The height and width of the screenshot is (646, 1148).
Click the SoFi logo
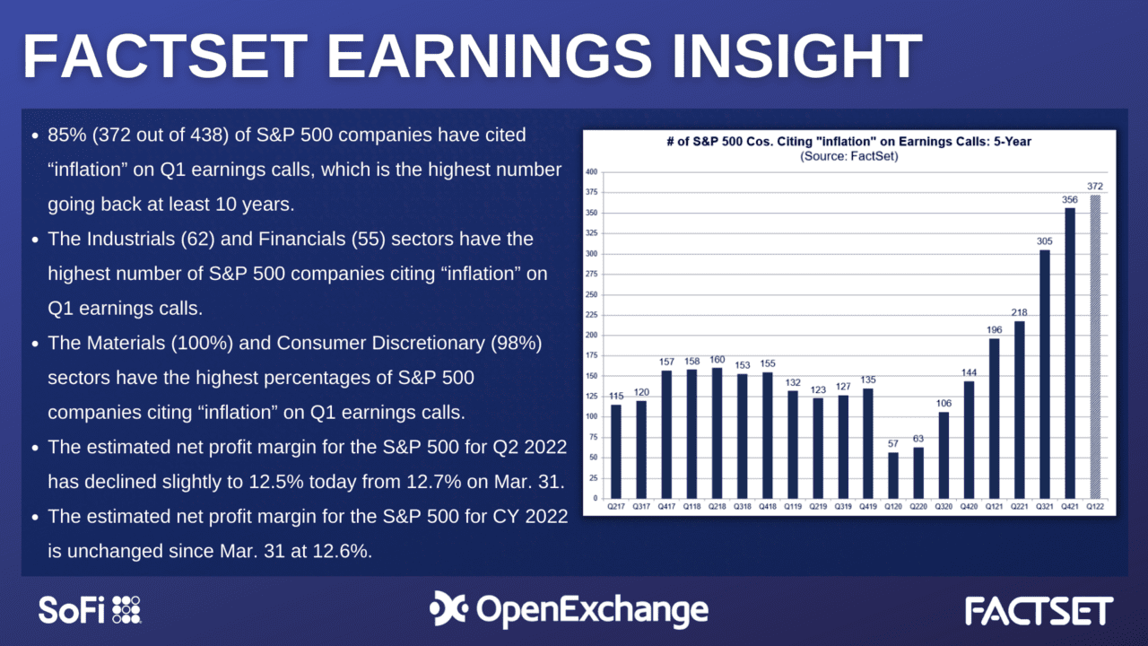pos(90,610)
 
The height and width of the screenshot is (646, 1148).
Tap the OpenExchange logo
pos(569,610)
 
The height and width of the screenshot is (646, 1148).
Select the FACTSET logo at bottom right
pos(1039,611)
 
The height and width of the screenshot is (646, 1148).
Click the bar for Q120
pos(893,475)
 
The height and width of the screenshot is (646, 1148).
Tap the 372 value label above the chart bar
pos(1095,187)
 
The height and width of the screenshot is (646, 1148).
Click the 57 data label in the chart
pos(893,444)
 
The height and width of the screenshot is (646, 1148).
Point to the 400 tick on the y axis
pos(592,171)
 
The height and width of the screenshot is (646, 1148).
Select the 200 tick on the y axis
pos(592,335)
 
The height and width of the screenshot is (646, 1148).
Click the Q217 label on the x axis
pos(616,507)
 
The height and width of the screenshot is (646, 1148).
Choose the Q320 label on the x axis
pos(944,507)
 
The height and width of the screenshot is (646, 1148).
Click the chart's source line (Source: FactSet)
pos(848,156)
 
